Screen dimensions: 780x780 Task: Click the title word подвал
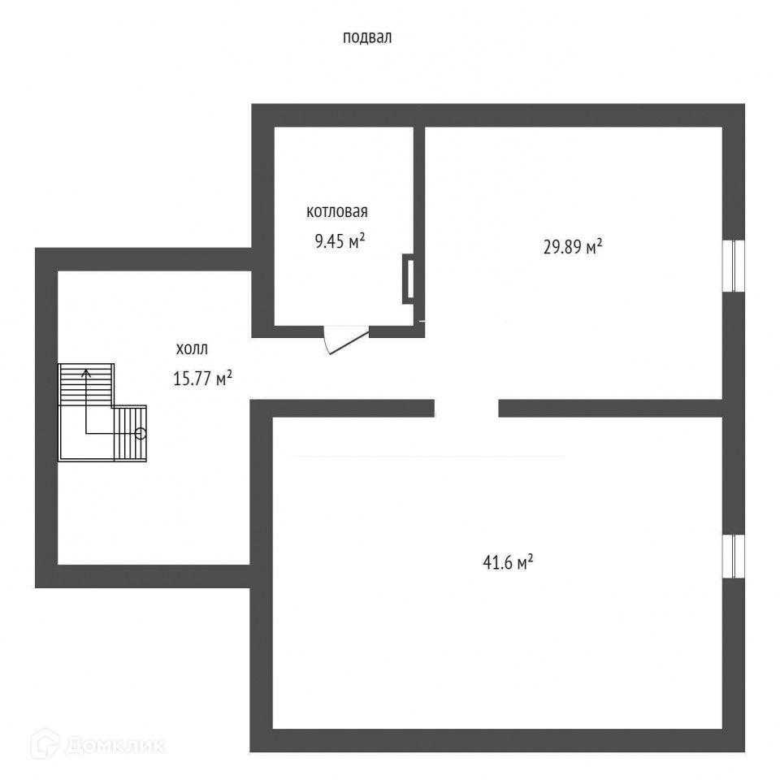pos(367,37)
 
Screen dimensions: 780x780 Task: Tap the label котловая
pos(337,213)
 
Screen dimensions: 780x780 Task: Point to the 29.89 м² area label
pos(572,247)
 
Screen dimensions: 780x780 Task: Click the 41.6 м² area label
pos(507,561)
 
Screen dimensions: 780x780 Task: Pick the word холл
pos(192,350)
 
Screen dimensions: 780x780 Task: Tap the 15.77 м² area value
pos(203,378)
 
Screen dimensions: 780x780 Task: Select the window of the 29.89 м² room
pos(734,265)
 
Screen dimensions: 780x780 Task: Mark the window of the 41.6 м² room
pos(734,557)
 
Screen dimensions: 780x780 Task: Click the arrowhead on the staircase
pos(86,371)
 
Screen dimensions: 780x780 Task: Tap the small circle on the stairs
pos(141,433)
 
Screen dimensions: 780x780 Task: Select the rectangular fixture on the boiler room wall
pos(409,279)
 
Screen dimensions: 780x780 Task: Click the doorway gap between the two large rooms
pos(466,408)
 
